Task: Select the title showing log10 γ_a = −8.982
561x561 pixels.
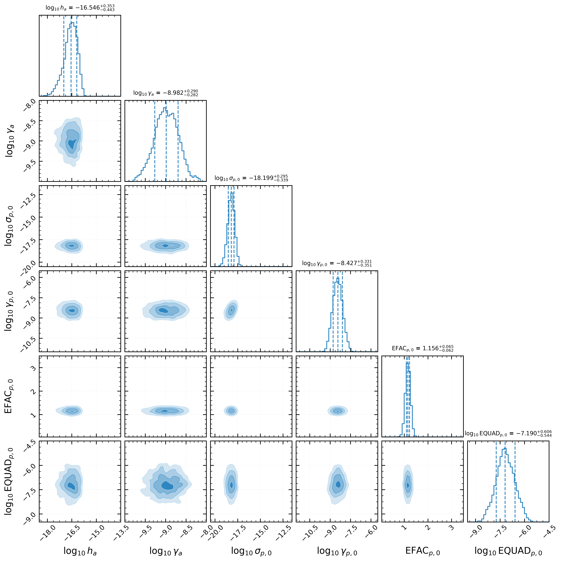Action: click(x=166, y=93)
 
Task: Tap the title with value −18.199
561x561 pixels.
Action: click(x=251, y=178)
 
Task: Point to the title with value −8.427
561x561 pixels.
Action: click(x=337, y=263)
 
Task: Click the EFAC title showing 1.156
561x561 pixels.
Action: click(x=422, y=348)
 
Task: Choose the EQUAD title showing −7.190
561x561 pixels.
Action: click(x=508, y=433)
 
